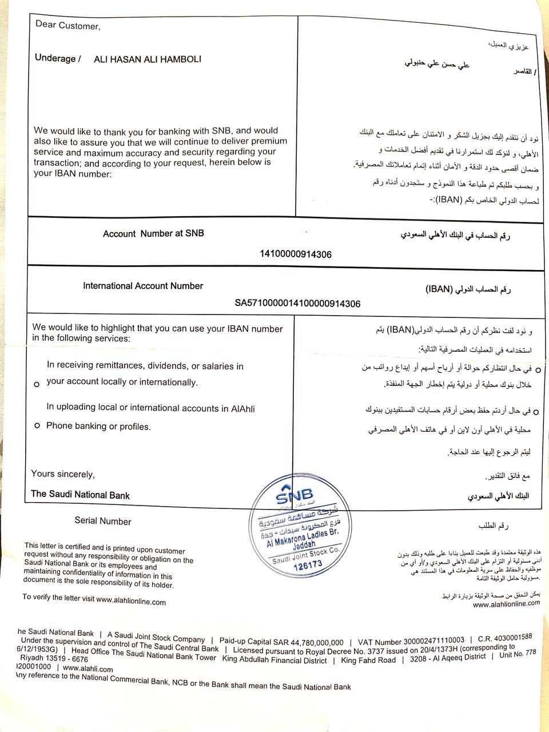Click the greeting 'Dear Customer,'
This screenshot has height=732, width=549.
67,25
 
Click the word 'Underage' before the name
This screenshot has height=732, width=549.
55,58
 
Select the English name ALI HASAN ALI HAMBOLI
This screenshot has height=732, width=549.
148,59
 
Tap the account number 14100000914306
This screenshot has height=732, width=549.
296,254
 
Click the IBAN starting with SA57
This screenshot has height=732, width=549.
297,304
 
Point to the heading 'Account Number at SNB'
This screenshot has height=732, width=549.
153,233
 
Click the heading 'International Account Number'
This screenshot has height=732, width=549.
143,286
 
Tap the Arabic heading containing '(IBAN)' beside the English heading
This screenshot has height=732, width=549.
468,289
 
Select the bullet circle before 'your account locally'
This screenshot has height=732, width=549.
37,384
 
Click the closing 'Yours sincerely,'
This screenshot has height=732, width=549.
63,474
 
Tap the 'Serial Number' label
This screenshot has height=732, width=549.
103,521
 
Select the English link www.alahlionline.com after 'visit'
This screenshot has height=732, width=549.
131,601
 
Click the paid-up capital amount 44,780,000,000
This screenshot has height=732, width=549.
311,642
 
